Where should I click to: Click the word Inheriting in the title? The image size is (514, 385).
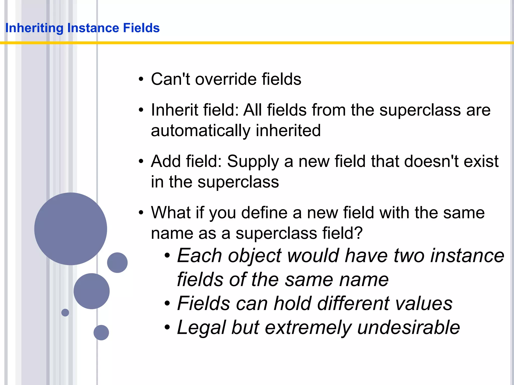tap(34, 28)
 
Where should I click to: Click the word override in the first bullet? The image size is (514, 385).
tap(226, 79)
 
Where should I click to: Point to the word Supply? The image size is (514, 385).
tap(253, 161)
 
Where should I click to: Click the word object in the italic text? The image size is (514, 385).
tap(255, 256)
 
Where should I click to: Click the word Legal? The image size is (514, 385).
tap(201, 328)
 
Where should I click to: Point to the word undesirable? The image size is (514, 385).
tap(408, 327)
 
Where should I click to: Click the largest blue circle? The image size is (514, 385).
tap(71, 229)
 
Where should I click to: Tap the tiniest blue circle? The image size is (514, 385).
tap(65, 313)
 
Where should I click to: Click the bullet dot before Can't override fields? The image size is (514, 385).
tap(141, 79)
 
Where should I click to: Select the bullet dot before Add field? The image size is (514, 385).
tap(141, 162)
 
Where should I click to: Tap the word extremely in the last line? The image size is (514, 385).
tap(308, 328)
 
